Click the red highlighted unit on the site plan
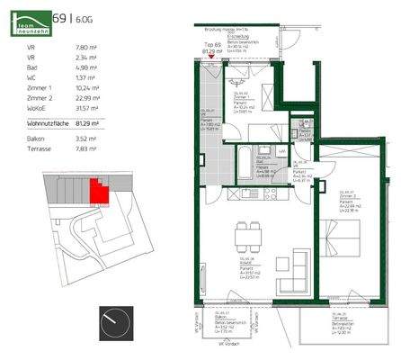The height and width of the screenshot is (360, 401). pyautogui.click(x=95, y=190)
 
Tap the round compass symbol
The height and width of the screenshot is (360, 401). pyautogui.click(x=115, y=320)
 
